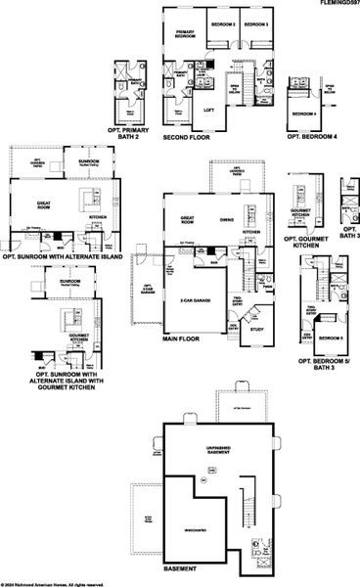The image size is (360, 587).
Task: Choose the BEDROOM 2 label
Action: click(222, 23)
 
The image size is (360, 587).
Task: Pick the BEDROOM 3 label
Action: click(256, 23)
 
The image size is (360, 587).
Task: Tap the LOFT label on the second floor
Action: click(207, 110)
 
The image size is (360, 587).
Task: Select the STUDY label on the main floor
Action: click(255, 329)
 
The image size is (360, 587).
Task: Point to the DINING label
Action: click(226, 220)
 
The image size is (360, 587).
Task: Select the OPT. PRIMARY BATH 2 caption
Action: click(130, 134)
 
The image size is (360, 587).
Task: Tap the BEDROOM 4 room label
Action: click(304, 114)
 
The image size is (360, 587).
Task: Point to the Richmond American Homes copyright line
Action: click(49, 584)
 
